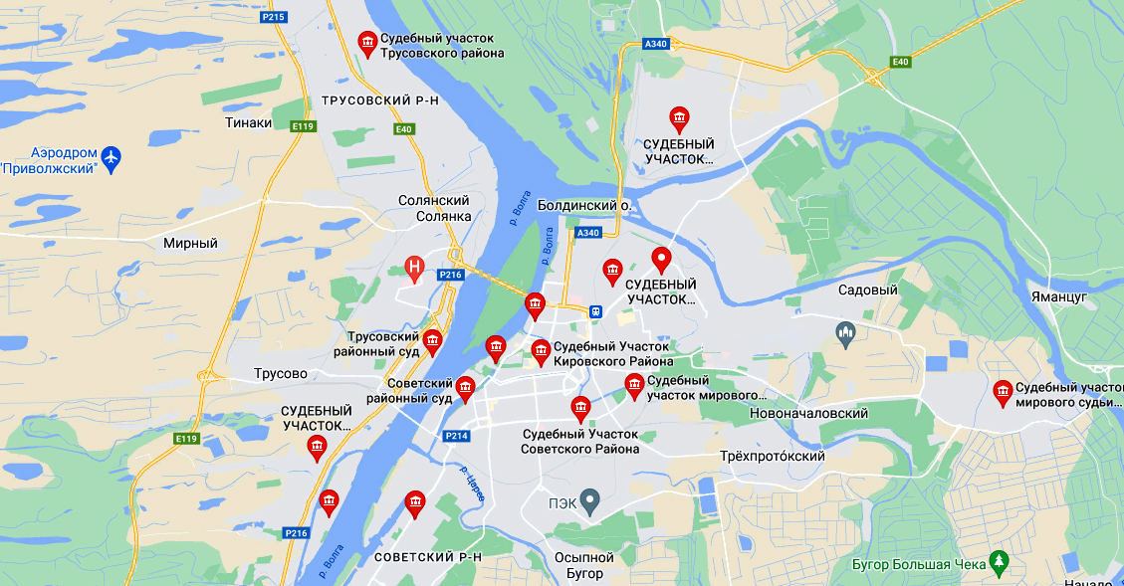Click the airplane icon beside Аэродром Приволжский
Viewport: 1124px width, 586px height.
(111, 156)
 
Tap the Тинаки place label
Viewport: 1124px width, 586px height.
(248, 122)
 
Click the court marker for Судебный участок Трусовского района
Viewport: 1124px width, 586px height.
(366, 42)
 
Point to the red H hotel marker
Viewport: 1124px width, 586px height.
(415, 267)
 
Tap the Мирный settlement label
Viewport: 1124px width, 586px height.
(191, 243)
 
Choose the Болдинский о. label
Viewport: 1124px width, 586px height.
(584, 205)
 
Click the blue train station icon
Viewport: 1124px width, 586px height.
(594, 310)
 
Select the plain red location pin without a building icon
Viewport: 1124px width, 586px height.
(661, 260)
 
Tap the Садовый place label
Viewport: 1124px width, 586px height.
(868, 291)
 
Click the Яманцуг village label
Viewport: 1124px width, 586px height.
(1059, 296)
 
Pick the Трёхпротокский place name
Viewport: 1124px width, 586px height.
(772, 456)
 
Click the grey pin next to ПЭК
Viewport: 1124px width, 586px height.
(589, 500)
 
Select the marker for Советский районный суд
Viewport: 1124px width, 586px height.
(465, 388)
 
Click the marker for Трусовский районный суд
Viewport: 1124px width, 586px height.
(432, 340)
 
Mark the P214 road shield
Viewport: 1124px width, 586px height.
(457, 436)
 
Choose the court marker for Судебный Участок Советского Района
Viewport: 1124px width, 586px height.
(579, 407)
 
